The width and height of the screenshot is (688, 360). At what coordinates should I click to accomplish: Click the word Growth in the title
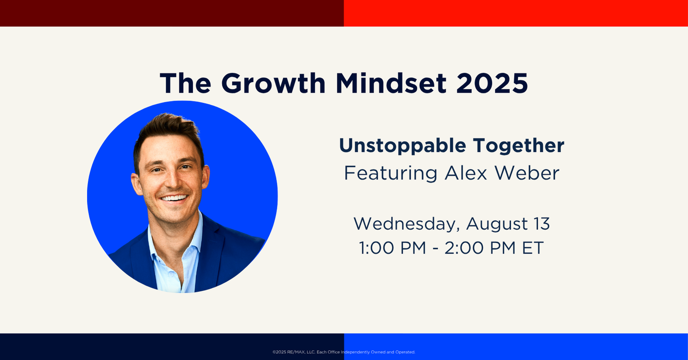pos(274,83)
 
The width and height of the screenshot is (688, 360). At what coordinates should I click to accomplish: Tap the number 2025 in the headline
pos(492,83)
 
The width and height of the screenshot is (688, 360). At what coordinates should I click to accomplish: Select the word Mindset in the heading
pos(391,83)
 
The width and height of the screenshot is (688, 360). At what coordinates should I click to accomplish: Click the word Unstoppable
pos(402,146)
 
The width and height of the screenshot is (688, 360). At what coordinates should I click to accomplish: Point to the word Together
pos(518,146)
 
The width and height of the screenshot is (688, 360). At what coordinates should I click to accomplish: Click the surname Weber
pos(527,173)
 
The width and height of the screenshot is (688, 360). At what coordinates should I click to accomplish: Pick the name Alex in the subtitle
pos(466,173)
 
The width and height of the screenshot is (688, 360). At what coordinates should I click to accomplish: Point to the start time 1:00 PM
pos(392,248)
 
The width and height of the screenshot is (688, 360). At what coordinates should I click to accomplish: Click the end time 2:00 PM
pos(480,248)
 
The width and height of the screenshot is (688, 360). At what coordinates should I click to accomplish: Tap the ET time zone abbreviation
pos(533,248)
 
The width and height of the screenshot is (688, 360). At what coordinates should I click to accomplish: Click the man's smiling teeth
pos(174,198)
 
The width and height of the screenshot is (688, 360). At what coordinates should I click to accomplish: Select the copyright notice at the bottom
pos(344,352)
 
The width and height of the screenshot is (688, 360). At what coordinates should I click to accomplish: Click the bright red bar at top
pos(516,13)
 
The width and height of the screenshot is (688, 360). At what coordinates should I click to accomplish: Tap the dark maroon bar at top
pos(172,13)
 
